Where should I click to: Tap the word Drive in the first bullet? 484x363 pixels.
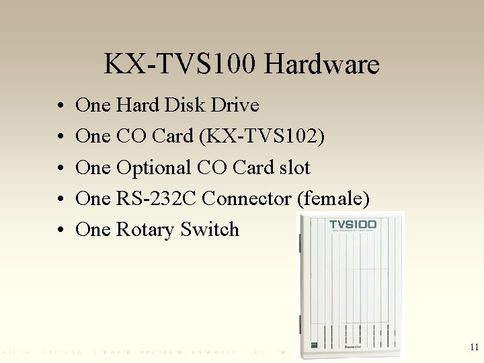237,105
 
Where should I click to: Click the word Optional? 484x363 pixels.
154,167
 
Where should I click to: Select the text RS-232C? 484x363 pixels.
156,198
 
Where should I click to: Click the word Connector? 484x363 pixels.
246,198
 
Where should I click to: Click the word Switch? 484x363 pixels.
210,229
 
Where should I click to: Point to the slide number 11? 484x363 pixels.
474,348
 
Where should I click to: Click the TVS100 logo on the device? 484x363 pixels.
353,224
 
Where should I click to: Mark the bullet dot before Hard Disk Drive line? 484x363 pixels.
61,106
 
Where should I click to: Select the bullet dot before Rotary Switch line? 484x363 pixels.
61,231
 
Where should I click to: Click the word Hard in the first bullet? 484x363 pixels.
138,105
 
